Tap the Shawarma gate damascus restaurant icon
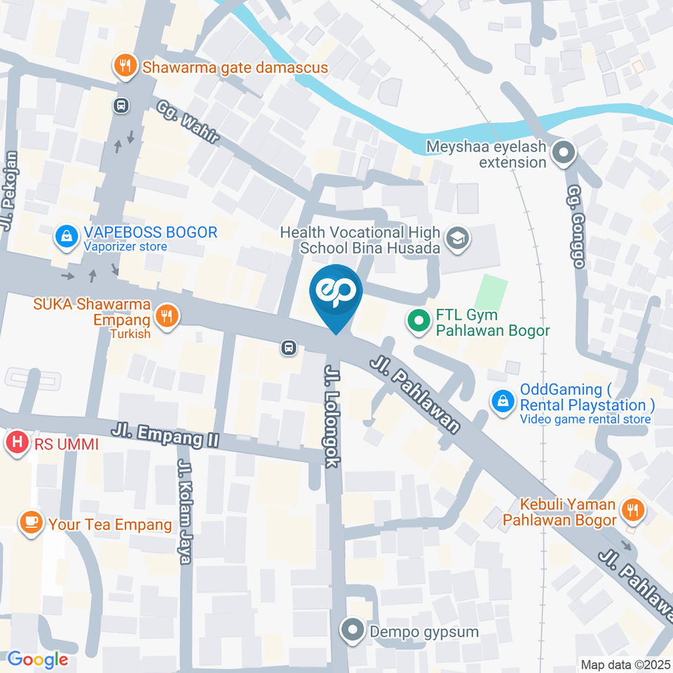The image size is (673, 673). tap(125, 67)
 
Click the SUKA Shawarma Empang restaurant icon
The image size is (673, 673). tap(167, 315)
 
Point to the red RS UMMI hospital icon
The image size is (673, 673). tap(16, 443)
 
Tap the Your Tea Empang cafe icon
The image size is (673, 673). tap(30, 523)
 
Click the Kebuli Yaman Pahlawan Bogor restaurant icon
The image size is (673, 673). tap(632, 511)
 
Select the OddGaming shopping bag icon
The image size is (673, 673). tap(503, 402)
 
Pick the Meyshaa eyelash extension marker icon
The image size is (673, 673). tap(563, 152)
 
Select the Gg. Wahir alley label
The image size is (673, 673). tap(188, 123)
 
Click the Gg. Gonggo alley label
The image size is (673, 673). tap(575, 228)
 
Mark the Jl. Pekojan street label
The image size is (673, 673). tap(8, 182)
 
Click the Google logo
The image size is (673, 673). tap(37, 659)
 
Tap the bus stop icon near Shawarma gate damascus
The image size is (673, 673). tap(121, 105)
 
